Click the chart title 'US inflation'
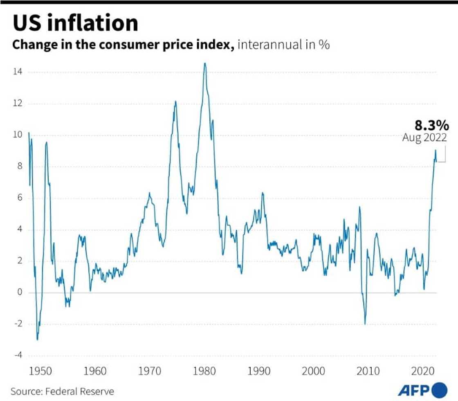pos(75,23)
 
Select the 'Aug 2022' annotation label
pos(424,138)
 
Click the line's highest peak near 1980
pos(205,63)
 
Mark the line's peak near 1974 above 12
pos(175,101)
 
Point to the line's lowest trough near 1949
pos(37,340)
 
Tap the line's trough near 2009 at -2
pos(365,324)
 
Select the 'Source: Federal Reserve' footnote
pos(62,391)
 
